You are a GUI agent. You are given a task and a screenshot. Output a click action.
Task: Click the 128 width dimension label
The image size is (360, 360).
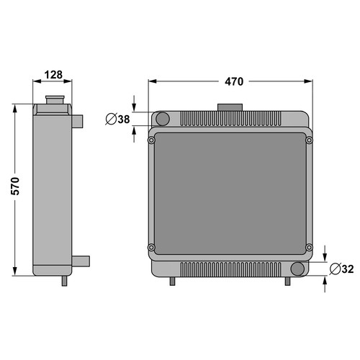coord(53,75)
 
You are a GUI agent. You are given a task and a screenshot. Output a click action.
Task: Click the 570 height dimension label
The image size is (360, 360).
coord(15,186)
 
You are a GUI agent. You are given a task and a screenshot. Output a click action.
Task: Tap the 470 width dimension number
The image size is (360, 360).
coord(234,81)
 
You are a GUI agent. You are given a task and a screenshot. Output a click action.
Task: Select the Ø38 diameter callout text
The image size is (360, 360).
coord(117,119)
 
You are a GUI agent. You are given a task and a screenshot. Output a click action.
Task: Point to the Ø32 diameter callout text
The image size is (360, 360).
coord(341,269)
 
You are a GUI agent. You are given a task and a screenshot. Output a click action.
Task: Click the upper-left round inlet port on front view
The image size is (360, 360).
coord(163,119)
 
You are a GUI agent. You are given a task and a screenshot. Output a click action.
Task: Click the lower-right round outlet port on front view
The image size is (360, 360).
coord(297,269)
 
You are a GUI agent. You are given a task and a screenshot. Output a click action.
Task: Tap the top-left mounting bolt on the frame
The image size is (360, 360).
coord(151,140)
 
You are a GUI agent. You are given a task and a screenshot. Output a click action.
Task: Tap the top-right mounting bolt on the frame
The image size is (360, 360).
coord(309,140)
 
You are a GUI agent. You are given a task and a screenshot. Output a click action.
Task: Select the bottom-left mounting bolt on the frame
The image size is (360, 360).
coord(151,247)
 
